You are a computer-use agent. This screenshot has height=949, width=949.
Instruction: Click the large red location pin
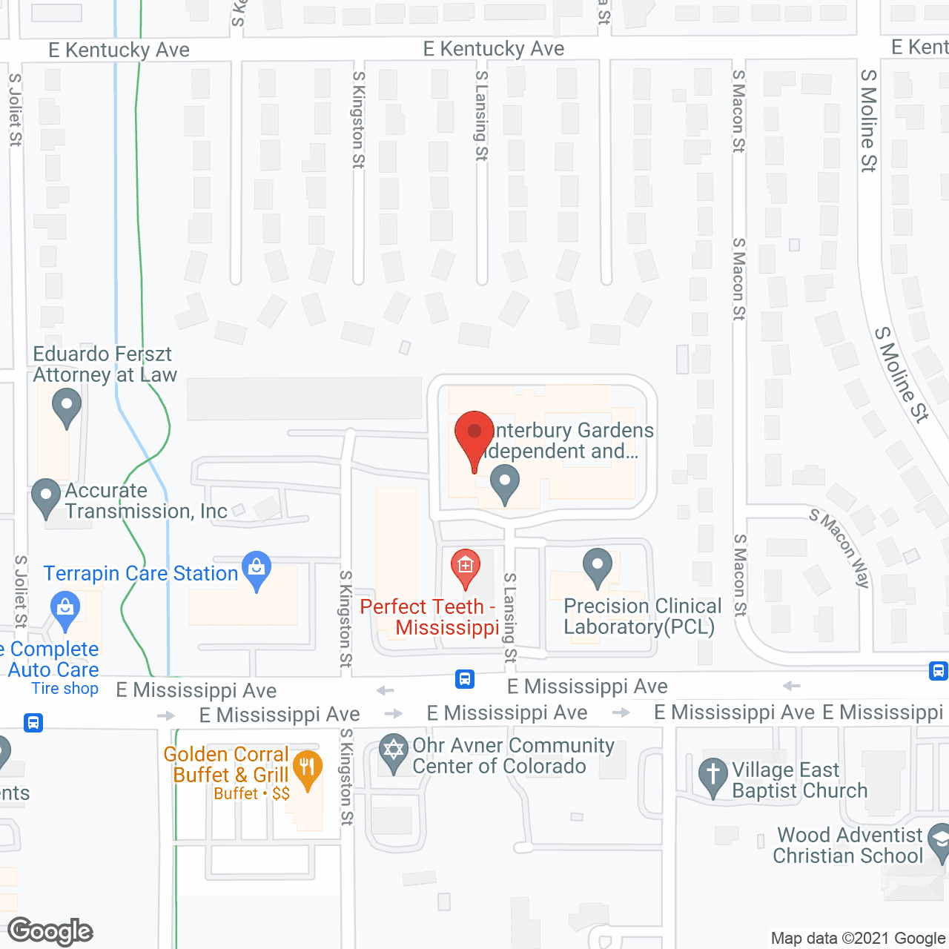[x=474, y=437]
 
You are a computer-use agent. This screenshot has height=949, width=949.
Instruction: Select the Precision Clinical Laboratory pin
[x=597, y=567]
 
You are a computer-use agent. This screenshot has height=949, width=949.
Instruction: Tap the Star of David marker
[x=393, y=752]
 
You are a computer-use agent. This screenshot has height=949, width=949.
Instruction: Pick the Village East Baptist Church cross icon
[x=712, y=776]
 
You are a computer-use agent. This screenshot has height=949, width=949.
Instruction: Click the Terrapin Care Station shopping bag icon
[x=257, y=569]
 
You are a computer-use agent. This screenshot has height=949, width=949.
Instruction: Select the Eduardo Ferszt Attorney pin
[x=67, y=408]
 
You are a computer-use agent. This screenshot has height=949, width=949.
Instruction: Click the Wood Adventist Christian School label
[x=847, y=845]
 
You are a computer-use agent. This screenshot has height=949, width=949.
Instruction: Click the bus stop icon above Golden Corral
[x=33, y=722]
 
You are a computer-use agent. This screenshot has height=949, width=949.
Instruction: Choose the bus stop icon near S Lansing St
[x=465, y=678]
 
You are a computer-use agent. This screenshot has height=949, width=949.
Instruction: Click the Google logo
[x=50, y=931]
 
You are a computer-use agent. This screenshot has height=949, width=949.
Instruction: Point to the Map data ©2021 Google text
[x=858, y=938]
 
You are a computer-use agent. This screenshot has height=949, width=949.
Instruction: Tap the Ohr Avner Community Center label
[x=513, y=755]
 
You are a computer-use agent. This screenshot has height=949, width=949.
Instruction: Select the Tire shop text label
[x=65, y=689]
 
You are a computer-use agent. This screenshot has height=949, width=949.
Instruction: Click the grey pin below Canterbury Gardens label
[x=505, y=483]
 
